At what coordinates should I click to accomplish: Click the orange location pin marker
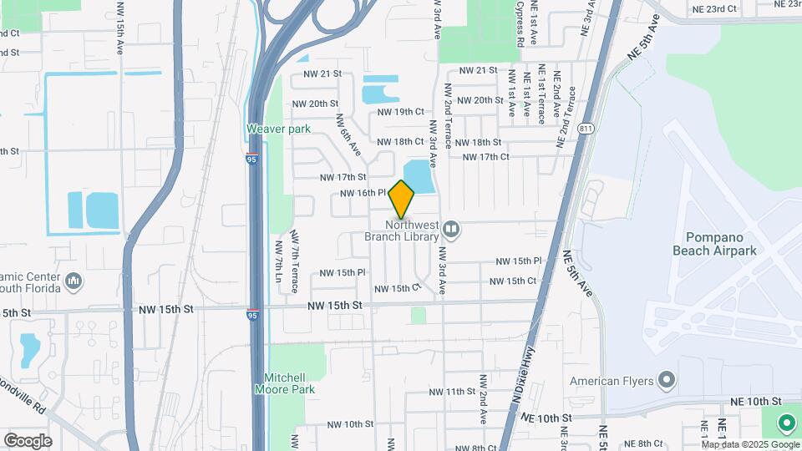point(402,199)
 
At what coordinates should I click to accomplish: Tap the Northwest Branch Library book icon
point(451,227)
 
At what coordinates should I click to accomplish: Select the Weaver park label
point(278,129)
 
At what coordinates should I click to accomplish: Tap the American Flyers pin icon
point(666,381)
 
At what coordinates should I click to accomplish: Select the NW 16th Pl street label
point(362,193)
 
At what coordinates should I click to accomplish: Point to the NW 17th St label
point(343,177)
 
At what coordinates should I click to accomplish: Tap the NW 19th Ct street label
point(401,111)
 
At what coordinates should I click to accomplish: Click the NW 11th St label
point(452,392)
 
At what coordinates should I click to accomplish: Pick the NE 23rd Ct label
point(714,8)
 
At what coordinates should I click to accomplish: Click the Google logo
point(28,440)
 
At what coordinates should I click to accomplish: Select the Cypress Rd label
point(520,23)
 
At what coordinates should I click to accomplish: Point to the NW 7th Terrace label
point(295,261)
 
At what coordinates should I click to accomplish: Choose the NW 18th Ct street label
point(400,142)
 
